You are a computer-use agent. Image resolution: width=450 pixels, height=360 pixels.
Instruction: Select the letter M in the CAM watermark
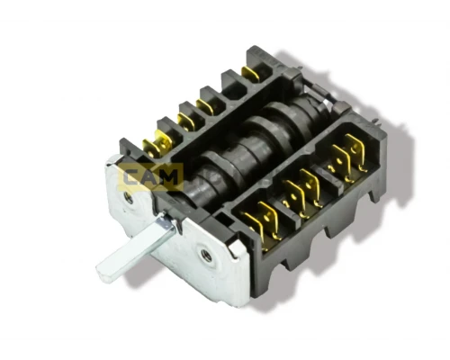click(170, 178)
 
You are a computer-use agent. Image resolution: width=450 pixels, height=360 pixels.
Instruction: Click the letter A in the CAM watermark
click(149, 178)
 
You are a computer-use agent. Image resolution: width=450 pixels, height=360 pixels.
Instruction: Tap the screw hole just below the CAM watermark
click(129, 198)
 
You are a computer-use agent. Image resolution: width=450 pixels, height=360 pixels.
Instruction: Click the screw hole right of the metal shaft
click(206, 256)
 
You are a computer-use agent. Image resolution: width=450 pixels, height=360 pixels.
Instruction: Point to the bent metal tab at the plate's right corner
click(237, 247)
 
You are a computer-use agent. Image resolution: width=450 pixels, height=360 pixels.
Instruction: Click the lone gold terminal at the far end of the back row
click(250, 74)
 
